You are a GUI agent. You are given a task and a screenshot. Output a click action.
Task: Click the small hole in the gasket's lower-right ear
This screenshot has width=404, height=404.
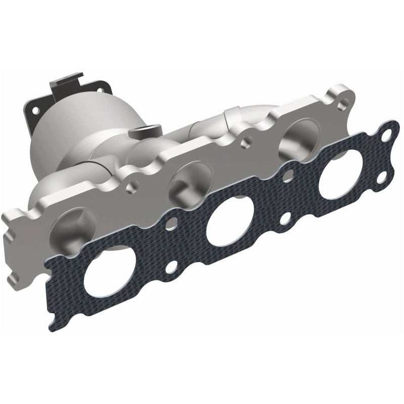click(x=382, y=176)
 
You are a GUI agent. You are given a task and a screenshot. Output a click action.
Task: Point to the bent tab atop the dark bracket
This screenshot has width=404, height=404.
click(x=65, y=81)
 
